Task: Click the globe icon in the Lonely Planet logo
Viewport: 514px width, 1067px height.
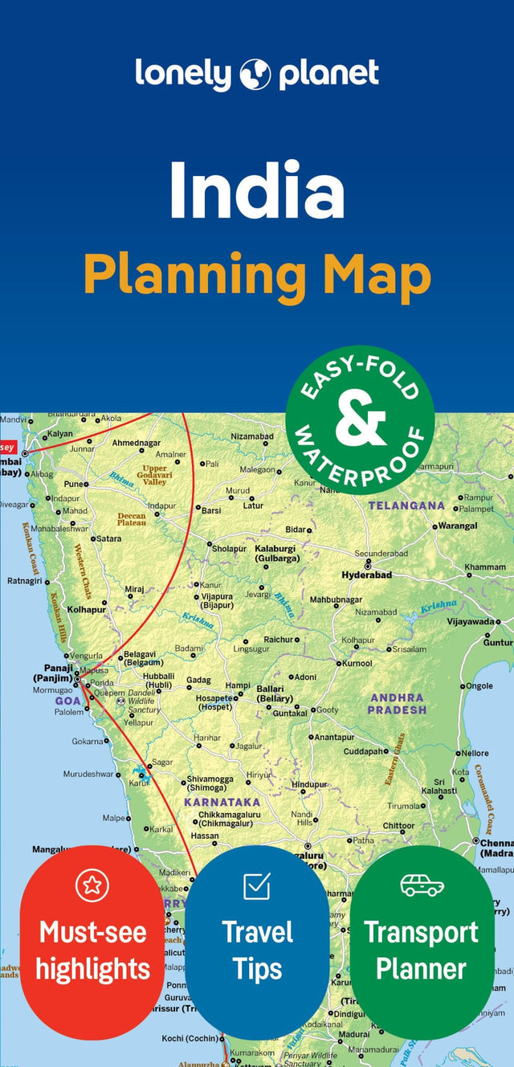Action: click(x=255, y=75)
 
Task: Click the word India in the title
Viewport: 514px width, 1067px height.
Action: click(x=257, y=190)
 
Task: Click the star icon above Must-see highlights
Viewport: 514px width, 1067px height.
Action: click(x=92, y=885)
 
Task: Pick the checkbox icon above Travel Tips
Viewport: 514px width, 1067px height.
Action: click(x=257, y=886)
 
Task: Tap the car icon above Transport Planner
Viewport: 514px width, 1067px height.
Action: click(x=422, y=885)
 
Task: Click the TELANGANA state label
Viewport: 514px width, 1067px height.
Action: click(x=406, y=506)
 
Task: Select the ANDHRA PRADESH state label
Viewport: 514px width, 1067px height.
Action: click(x=397, y=704)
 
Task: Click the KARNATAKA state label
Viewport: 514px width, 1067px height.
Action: click(x=222, y=802)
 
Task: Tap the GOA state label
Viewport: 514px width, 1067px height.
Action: click(x=67, y=701)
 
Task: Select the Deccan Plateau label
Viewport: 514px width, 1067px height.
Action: click(x=132, y=519)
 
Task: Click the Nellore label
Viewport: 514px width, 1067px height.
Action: click(x=475, y=753)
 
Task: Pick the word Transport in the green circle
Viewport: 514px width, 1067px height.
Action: click(x=422, y=933)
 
